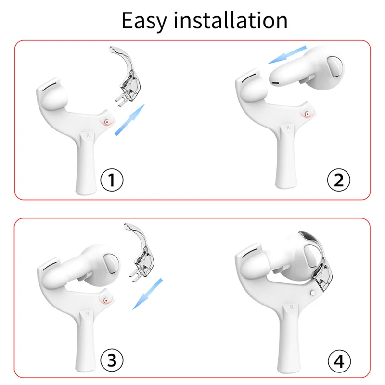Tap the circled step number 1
112,180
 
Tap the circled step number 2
338,180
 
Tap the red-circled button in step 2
307,114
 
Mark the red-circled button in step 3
104,301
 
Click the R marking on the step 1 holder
87,136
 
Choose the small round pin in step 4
313,292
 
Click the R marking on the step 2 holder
288,128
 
